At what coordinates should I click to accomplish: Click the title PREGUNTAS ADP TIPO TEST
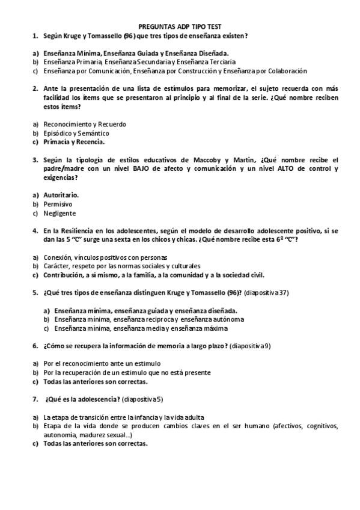pyautogui.click(x=180, y=27)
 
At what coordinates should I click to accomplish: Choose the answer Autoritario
pyautogui.click(x=61, y=195)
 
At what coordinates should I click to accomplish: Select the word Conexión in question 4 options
pyautogui.click(x=58, y=257)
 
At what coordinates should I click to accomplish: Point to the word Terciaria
pyautogui.click(x=217, y=62)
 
